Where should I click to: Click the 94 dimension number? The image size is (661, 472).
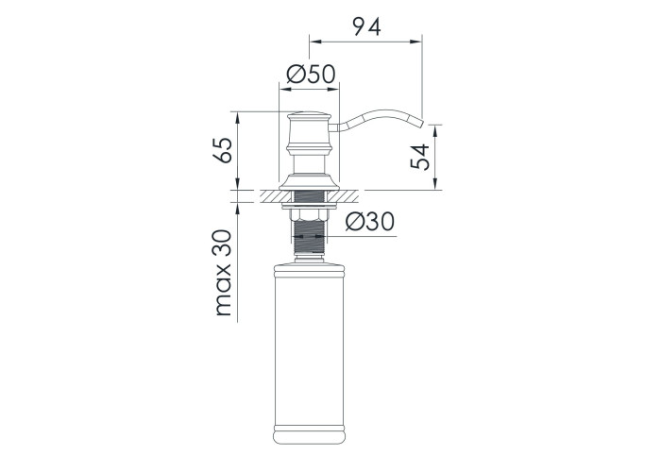tap(366, 27)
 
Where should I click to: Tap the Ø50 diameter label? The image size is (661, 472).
tap(311, 75)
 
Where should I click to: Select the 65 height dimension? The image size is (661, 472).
tap(223, 150)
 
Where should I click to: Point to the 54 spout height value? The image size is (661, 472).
tap(420, 157)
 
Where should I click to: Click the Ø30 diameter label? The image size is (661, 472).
tap(370, 222)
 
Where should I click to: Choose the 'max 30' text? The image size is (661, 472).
tap(223, 273)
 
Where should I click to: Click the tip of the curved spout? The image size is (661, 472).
tap(422, 122)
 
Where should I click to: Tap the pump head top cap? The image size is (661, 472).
tap(309, 115)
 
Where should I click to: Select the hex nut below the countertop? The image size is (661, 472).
tap(309, 215)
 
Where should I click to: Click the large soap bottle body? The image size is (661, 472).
tap(309, 353)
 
